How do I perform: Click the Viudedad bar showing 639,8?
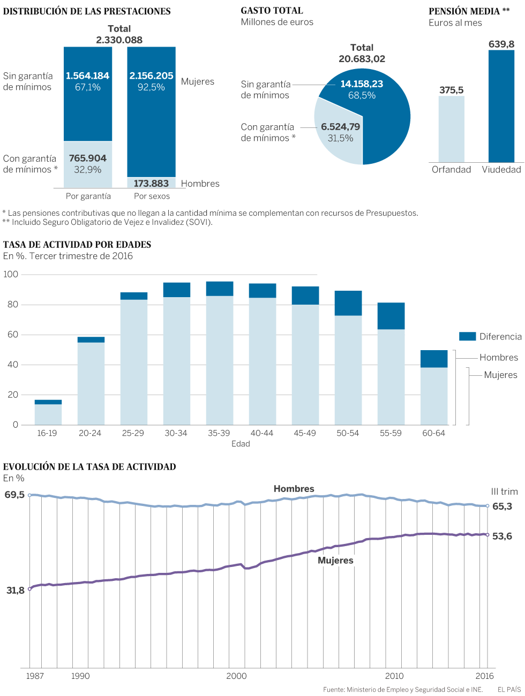tap(501, 106)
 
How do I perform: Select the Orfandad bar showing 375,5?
tap(452, 129)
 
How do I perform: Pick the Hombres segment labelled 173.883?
tap(151, 183)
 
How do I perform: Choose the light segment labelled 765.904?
tap(88, 164)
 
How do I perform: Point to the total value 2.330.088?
tap(119, 40)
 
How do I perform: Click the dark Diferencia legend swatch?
tap(467, 336)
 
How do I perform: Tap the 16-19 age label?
tap(47, 433)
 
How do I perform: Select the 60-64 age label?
tap(433, 433)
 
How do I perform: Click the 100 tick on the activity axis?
tap(11, 274)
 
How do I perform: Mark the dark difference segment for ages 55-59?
tap(391, 316)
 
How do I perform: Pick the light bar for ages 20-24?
tap(91, 383)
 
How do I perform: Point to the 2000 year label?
tap(236, 676)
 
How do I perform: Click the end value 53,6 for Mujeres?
tap(502, 536)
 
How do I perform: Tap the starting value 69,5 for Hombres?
tap(14, 495)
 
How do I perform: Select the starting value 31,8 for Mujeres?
tap(15, 591)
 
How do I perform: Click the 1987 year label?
tap(35, 676)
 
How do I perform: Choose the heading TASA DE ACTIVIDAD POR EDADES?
tap(77, 245)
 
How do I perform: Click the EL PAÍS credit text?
tap(509, 690)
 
